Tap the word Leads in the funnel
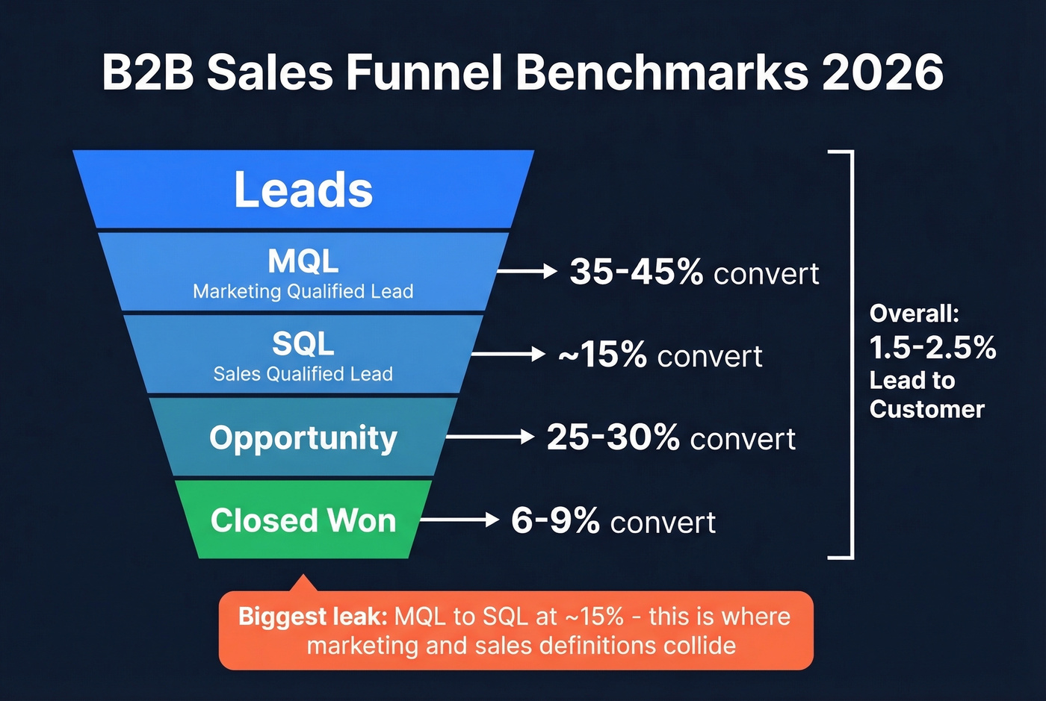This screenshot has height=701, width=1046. pos(303,190)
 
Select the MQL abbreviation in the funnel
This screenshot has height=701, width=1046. pos(303,261)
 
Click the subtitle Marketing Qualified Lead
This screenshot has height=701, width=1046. pos(303,291)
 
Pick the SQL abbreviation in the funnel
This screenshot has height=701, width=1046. pos(303,344)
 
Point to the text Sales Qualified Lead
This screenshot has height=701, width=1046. pos(303,374)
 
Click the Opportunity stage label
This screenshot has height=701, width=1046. pos(303,438)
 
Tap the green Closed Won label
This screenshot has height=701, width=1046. pos(303,520)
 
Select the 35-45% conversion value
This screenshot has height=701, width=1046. pos(636,272)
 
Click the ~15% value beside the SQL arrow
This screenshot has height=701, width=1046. pos(602,355)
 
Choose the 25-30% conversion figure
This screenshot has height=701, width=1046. pos(613,437)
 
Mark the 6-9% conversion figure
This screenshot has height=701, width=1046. pos(555,520)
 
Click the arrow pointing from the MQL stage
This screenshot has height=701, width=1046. pos(527,271)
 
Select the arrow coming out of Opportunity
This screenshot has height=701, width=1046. pos(489,437)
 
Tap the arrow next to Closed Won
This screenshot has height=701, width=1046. pos(459,520)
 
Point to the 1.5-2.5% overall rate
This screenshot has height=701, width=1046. pos(932,348)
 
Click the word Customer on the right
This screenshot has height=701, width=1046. pos(927,409)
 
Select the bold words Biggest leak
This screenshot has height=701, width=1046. pos(312,617)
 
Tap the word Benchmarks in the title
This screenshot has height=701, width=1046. pos(661,72)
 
